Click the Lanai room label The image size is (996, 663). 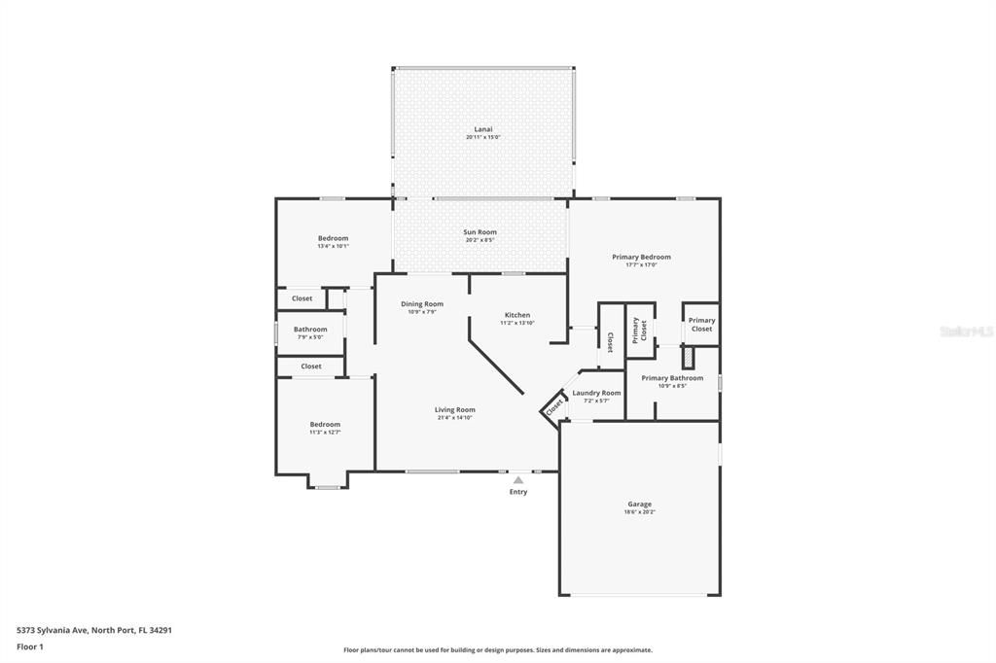click(482, 132)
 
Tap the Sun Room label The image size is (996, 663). click(480, 235)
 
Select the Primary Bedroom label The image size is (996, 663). click(641, 261)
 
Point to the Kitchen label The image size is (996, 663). click(516, 318)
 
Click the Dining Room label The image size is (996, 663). click(421, 307)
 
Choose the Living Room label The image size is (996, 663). click(454, 413)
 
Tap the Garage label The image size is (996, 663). click(639, 507)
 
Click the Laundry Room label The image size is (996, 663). click(596, 396)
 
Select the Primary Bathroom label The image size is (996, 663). click(672, 381)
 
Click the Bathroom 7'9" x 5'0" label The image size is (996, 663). click(310, 332)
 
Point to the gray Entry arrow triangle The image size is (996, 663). click(518, 479)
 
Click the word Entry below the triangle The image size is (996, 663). click(518, 492)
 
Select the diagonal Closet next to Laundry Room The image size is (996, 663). click(553, 408)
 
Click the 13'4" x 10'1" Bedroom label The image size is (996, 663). click(333, 241)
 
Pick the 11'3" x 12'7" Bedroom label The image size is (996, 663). click(325, 428)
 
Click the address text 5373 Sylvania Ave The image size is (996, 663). click(94, 630)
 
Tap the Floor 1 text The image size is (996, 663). click(30, 646)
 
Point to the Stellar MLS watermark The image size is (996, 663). click(966, 331)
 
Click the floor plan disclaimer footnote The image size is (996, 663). click(497, 650)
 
